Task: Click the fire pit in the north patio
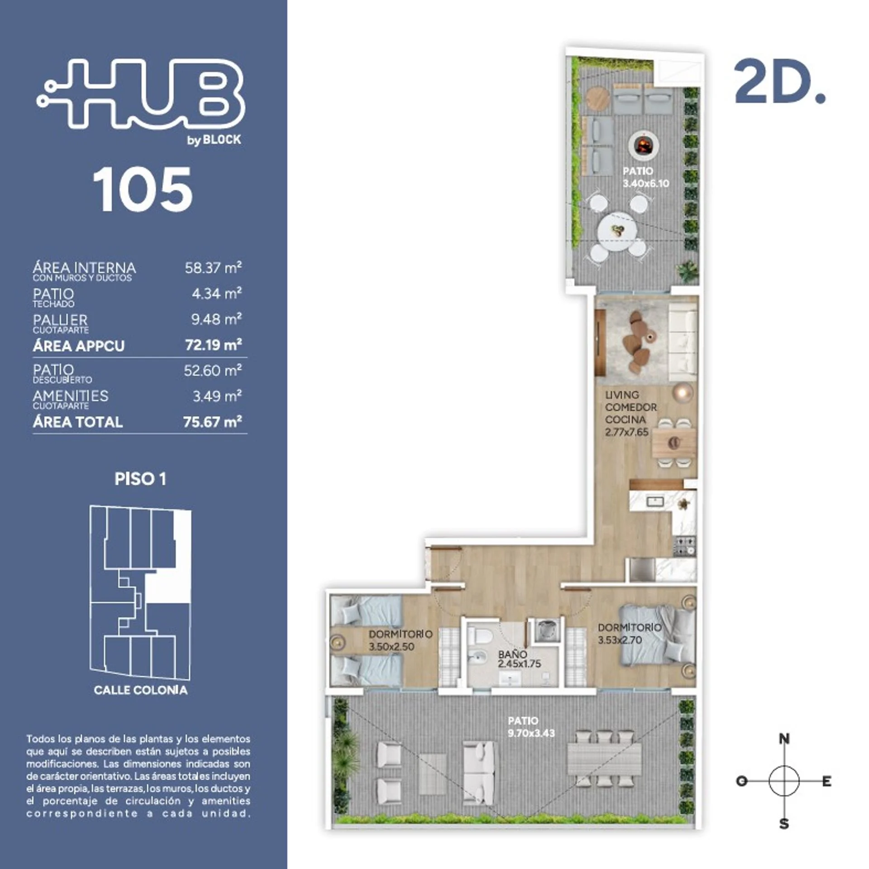pyautogui.click(x=643, y=145)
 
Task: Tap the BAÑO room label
pyautogui.click(x=512, y=654)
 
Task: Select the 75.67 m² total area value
pyautogui.click(x=212, y=422)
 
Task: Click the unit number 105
pyautogui.click(x=143, y=189)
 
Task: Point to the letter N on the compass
pyautogui.click(x=784, y=739)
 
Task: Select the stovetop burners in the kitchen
pyautogui.click(x=684, y=545)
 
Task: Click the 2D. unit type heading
pyautogui.click(x=779, y=82)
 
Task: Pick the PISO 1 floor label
pyautogui.click(x=140, y=479)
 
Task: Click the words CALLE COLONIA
pyautogui.click(x=141, y=690)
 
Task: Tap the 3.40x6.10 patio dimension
pyautogui.click(x=646, y=183)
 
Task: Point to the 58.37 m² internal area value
pyautogui.click(x=213, y=267)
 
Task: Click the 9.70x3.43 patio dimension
pyautogui.click(x=531, y=733)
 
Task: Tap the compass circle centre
pyautogui.click(x=784, y=781)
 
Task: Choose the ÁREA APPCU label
pyautogui.click(x=78, y=346)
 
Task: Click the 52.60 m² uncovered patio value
pyautogui.click(x=212, y=371)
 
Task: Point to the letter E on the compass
pyautogui.click(x=826, y=781)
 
